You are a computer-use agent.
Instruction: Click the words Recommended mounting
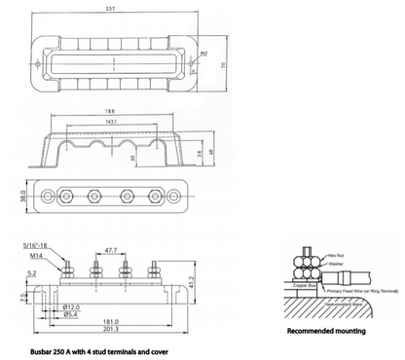(326, 332)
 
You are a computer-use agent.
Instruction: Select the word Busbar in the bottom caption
(43, 346)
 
